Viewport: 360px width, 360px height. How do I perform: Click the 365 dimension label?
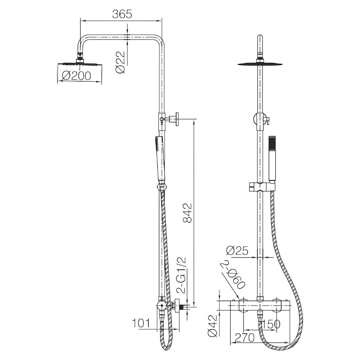pos(122,14)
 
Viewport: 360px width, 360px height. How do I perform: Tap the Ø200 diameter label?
pos(76,76)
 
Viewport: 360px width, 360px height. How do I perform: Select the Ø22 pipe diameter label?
pos(121,62)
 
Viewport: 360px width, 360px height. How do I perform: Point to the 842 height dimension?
pos(187,213)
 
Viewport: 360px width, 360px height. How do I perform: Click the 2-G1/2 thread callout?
pos(181,276)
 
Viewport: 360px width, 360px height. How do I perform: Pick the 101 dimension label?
pos(141,323)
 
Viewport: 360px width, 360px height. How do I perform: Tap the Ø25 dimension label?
pos(237,250)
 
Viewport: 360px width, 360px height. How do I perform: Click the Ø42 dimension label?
pos(212,325)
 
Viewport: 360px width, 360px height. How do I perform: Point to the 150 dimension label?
pos(271,324)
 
